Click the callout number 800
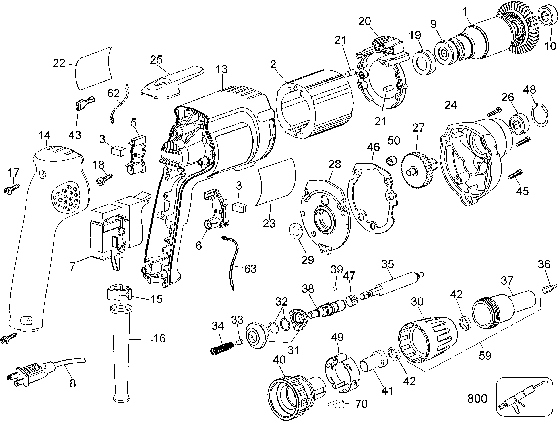[x=477, y=399]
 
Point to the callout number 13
[x=221, y=69]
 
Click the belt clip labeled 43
[x=85, y=103]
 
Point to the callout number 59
[x=485, y=355]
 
